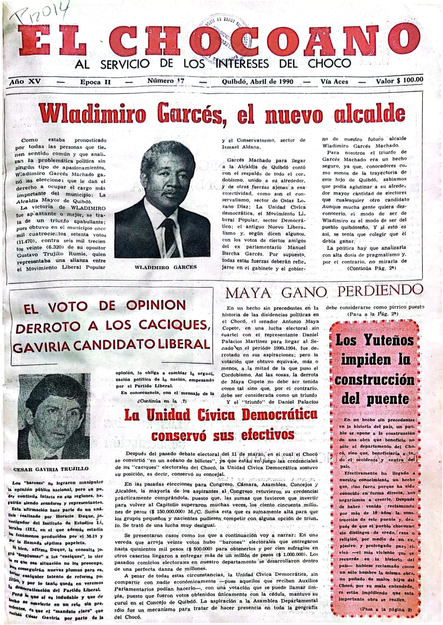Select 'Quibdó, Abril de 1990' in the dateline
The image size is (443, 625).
tap(258, 81)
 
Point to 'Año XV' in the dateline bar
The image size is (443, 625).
tap(25, 81)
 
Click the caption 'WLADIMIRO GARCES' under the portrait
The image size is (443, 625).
tap(166, 267)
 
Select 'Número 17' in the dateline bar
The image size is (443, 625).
tap(165, 81)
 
